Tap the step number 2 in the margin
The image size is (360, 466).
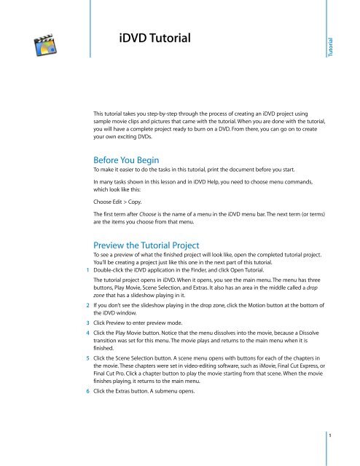pyautogui.click(x=87, y=328)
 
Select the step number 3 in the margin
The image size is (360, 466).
pyautogui.click(x=87, y=351)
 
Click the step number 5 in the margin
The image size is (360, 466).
pyautogui.click(x=87, y=400)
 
